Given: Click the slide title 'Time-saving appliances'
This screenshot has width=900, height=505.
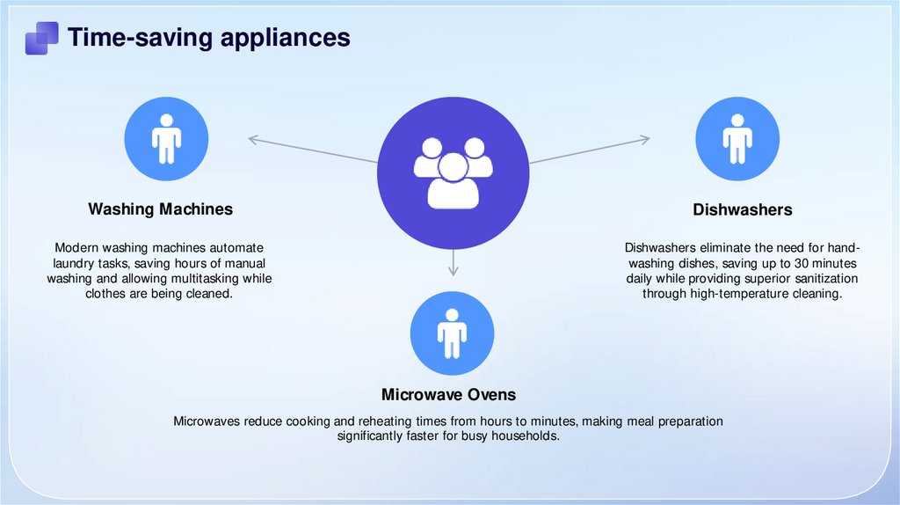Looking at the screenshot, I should [x=209, y=37].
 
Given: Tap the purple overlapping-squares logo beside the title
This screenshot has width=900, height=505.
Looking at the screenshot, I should [x=41, y=38].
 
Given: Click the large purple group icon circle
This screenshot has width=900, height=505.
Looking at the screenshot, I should [x=453, y=172].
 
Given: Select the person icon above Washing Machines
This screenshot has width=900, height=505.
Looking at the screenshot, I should [x=166, y=139].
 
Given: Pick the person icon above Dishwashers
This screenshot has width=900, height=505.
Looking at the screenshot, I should [x=737, y=139].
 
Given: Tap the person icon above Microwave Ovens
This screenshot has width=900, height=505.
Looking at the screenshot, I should [x=452, y=333].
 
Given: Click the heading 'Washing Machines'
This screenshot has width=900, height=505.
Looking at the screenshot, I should [x=160, y=209].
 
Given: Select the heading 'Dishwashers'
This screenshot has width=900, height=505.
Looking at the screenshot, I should [x=742, y=210].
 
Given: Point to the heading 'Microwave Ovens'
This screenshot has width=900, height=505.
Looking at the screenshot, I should [x=448, y=394].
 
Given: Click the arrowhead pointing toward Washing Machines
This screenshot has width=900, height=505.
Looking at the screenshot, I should [x=253, y=138].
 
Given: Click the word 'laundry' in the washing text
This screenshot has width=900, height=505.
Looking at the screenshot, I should [x=71, y=263].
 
